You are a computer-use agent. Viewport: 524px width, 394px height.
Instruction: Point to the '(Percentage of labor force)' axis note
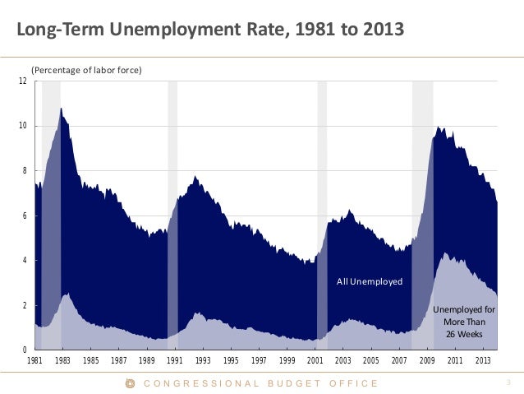tap(87, 71)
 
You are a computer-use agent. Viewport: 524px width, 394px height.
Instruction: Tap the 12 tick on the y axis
tap(25, 81)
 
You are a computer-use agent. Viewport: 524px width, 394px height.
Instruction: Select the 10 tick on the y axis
tap(25, 126)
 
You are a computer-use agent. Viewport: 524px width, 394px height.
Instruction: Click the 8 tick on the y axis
tap(26, 171)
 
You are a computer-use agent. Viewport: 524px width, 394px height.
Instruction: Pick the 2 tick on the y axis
tap(26, 305)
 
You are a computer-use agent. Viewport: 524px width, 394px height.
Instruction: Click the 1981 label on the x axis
tap(35, 361)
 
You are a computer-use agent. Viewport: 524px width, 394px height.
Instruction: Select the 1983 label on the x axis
tap(63, 361)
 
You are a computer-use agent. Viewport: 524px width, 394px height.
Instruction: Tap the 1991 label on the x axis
tap(175, 361)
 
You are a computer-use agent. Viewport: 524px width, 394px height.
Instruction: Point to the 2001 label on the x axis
tap(315, 361)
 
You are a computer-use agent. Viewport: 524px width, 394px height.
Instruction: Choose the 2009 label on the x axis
tap(426, 361)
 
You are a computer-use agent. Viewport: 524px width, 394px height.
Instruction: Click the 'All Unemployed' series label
tap(370, 281)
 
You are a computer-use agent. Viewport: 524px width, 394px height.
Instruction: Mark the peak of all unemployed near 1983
tap(61, 109)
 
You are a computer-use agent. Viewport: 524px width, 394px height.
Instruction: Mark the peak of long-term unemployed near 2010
tap(444, 253)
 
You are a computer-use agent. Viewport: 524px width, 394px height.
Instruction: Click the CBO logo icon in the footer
tap(129, 383)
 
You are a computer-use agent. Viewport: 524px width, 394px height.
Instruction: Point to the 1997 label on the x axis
tap(259, 361)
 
